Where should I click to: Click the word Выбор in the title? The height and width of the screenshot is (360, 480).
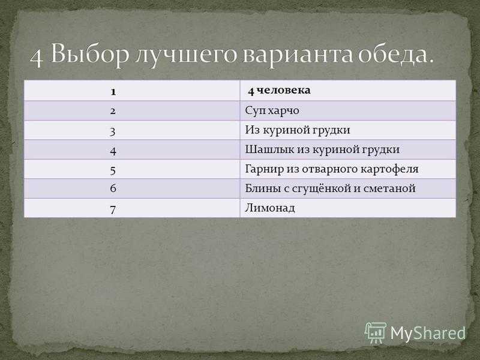pos(89,54)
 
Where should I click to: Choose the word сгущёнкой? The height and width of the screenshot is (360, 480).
pos(322,188)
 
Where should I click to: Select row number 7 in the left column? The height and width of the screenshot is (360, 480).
pos(113,209)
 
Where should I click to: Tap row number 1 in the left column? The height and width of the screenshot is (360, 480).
pos(113,92)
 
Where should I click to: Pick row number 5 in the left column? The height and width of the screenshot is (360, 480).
pos(113,170)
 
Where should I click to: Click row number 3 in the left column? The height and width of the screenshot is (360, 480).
pos(113,131)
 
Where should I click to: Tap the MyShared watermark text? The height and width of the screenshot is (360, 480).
pos(428,334)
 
